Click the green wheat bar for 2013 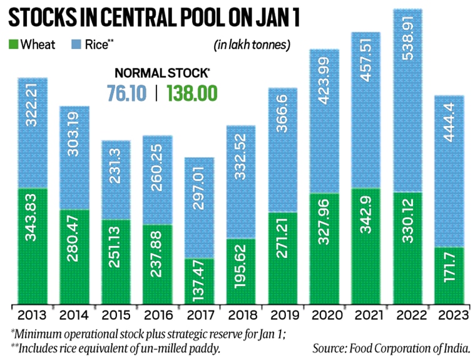32,245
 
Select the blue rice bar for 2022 408,100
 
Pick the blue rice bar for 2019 283,150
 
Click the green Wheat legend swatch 13,44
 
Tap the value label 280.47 74,254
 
